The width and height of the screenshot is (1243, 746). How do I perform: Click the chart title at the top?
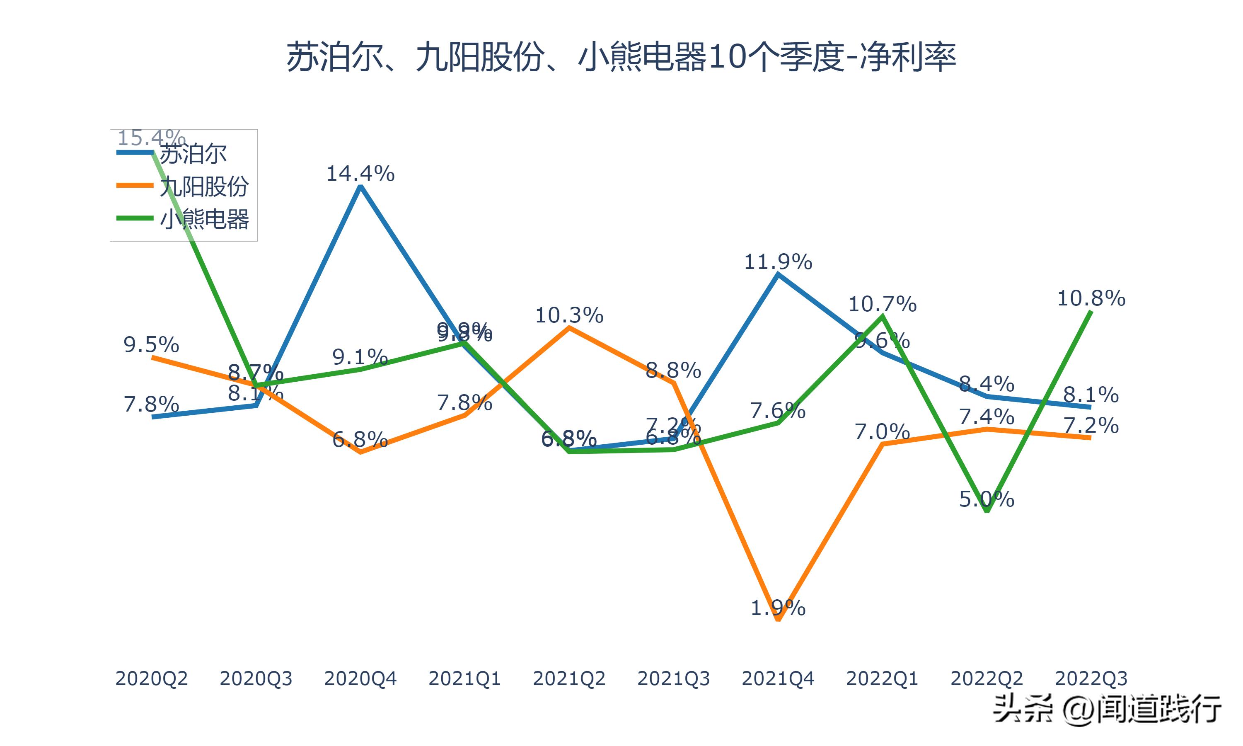pos(621,57)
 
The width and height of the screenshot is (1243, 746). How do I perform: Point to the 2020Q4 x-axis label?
pos(360,678)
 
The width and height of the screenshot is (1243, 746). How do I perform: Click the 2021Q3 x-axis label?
pos(673,678)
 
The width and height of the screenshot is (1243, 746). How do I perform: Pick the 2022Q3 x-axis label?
pos(1091,678)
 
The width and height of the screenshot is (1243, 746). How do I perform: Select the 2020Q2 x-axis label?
pos(151,678)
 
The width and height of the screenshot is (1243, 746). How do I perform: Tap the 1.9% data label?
pos(778,608)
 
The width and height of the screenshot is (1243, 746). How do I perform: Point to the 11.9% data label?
pos(778,262)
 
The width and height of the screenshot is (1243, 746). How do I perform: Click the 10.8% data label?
pos(1091,298)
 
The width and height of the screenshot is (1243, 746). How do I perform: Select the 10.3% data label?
pos(569,316)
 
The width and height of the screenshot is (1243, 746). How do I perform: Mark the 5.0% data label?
pos(987,499)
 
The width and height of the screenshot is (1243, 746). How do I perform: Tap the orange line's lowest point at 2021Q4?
pos(778,619)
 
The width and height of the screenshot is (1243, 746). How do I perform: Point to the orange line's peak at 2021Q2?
pos(569,328)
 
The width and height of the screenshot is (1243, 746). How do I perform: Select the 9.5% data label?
pos(151,345)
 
